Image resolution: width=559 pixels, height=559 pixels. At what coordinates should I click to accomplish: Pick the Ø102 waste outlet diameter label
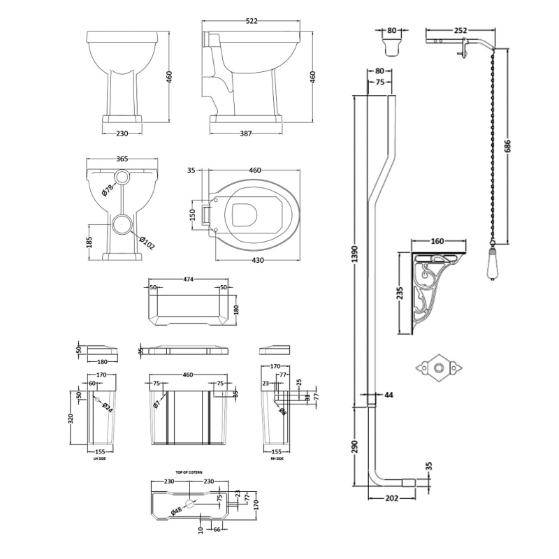coord(147,241)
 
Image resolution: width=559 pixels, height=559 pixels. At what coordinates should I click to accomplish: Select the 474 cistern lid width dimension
coord(188,279)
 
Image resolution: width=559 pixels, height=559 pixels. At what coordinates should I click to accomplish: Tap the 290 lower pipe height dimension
coord(354,445)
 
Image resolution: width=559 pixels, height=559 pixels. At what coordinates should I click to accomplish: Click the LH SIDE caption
coord(99,458)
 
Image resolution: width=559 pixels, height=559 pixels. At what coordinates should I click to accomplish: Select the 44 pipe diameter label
coord(389,395)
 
